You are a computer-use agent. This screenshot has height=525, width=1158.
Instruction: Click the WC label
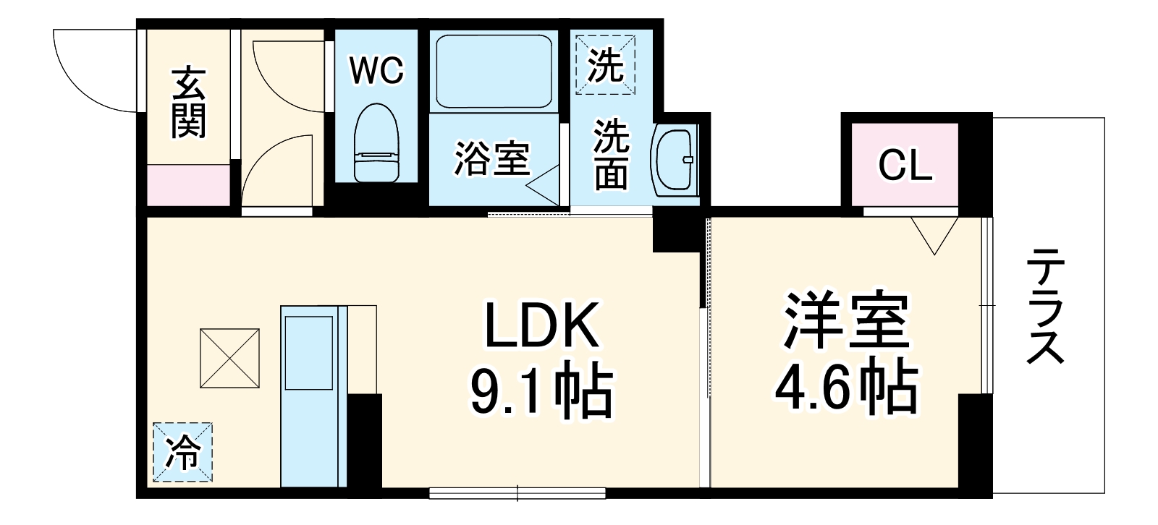tap(376, 70)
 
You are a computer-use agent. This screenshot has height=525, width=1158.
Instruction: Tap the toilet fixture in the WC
tap(376, 143)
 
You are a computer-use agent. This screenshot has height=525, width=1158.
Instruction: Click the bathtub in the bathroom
tap(494, 71)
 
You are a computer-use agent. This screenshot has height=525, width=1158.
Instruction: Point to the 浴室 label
tap(492, 158)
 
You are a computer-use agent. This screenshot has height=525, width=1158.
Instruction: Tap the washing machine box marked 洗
tap(605, 64)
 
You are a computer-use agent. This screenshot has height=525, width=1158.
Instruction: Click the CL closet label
tap(905, 165)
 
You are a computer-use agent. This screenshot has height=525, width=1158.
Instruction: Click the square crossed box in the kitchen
tap(230, 358)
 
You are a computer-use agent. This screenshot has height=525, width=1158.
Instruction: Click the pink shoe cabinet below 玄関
tap(189, 185)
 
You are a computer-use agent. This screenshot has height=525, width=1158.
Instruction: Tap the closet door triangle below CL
tap(934, 234)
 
